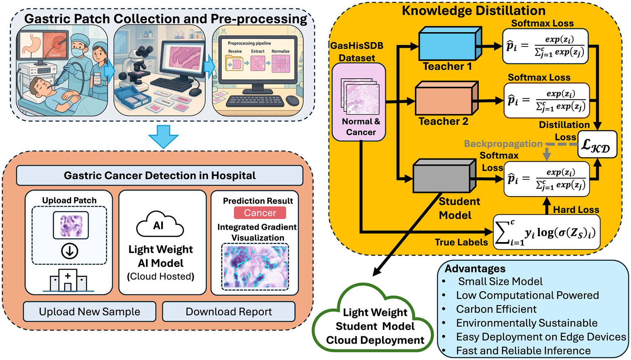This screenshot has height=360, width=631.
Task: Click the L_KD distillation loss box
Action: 597,145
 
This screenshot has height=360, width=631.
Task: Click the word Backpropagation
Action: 503,144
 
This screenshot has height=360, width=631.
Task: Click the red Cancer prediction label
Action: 260,213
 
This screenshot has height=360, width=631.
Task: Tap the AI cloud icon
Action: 160,225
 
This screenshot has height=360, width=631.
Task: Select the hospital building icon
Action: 68,281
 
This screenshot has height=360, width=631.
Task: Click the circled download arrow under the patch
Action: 69,251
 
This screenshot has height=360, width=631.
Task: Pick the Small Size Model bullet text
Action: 500,282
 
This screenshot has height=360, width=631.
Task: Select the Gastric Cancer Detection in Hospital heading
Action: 160,176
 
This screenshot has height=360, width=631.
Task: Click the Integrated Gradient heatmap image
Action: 255,266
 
